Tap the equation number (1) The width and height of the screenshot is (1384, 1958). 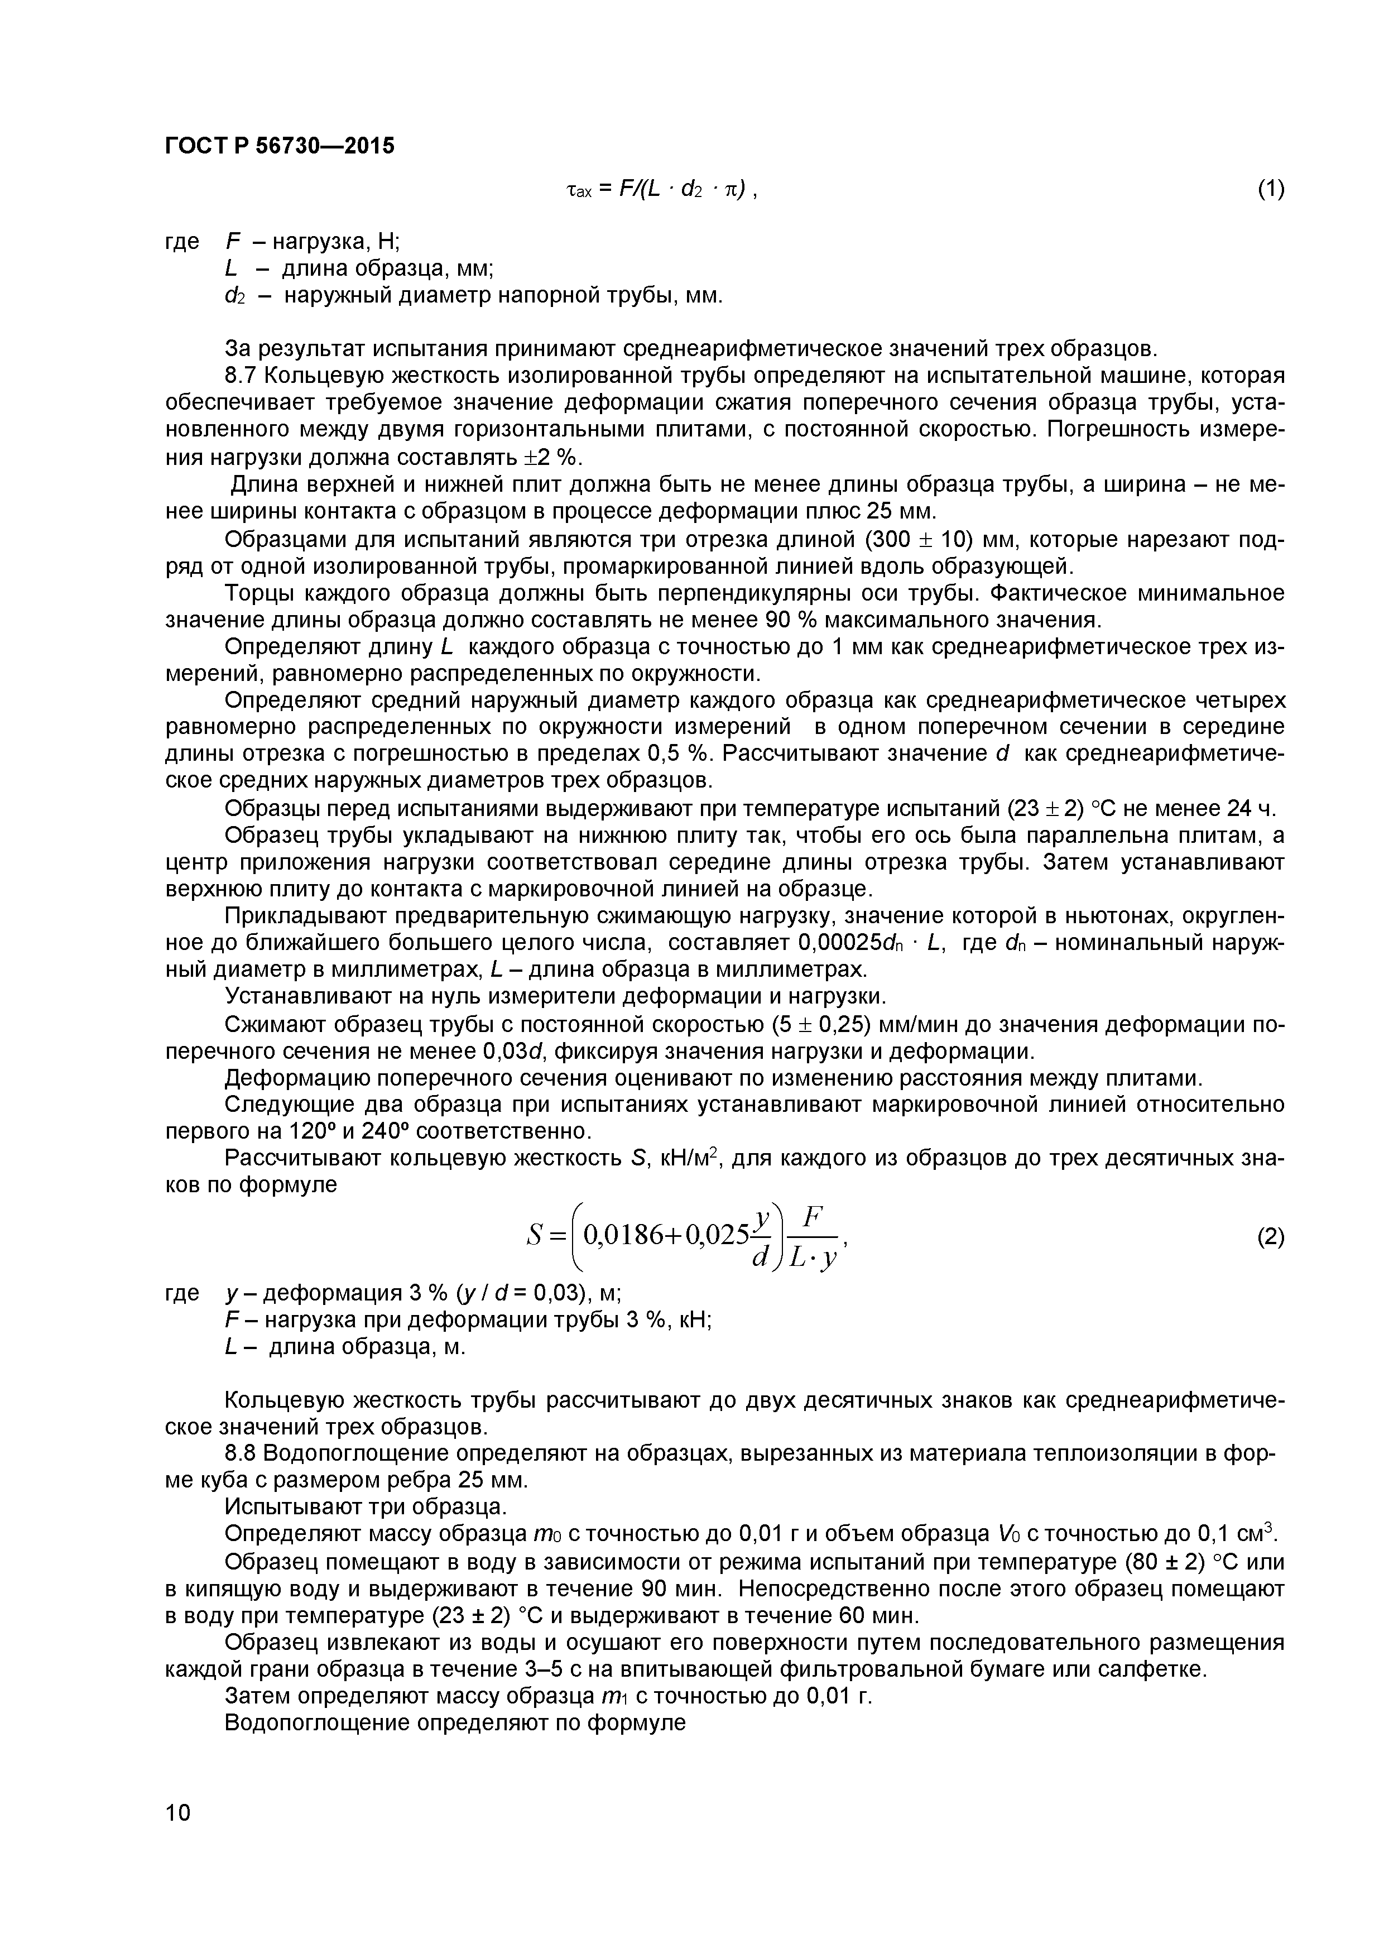(x=1271, y=189)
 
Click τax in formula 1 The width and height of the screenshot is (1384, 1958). (x=580, y=191)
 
